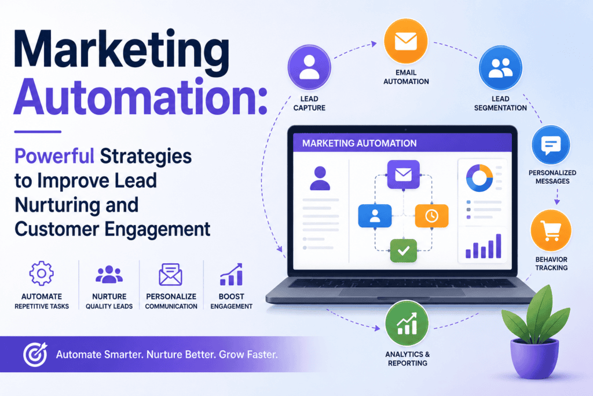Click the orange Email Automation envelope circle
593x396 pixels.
[406, 41]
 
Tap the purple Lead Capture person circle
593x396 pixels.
[309, 67]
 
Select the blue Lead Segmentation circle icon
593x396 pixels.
[500, 68]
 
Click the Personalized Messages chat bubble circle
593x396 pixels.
[551, 145]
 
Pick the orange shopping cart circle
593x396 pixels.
[551, 231]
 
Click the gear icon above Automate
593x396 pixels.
[42, 273]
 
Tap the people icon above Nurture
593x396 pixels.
[109, 274]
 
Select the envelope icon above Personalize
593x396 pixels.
[171, 274]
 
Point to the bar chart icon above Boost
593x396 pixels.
[231, 274]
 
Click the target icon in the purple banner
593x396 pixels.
[35, 354]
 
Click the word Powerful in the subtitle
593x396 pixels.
[54, 156]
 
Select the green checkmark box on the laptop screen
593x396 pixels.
[404, 250]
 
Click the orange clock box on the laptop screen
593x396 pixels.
[431, 216]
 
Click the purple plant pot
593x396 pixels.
[534, 357]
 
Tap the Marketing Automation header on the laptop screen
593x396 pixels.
[359, 143]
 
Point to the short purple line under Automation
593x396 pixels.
[38, 132]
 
